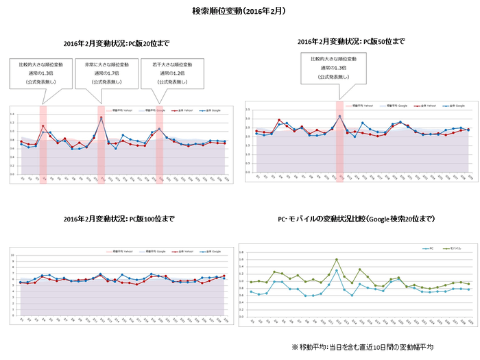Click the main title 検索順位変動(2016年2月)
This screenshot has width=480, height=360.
click(x=239, y=12)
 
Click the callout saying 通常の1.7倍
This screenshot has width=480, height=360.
click(x=101, y=72)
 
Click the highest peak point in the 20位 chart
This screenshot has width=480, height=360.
click(x=101, y=117)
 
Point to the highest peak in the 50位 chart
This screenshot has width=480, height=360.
click(x=339, y=116)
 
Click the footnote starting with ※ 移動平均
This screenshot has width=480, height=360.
click(x=361, y=346)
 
